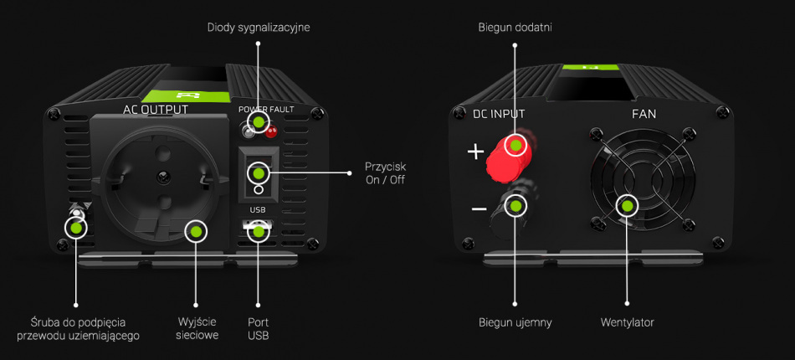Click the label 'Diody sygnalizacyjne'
[x=259, y=28]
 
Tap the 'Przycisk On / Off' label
[x=385, y=172]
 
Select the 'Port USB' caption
[x=259, y=328]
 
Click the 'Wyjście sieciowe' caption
[x=197, y=328]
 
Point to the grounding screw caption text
[x=78, y=328]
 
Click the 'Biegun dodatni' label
[x=515, y=28]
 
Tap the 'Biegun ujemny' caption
[x=515, y=322]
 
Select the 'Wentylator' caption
[x=627, y=322]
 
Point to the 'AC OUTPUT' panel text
[x=156, y=110]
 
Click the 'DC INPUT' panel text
[x=499, y=113]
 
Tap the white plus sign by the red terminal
[x=475, y=152]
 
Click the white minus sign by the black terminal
[x=479, y=208]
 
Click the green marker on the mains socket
[x=196, y=231]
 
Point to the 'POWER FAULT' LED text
[x=266, y=110]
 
